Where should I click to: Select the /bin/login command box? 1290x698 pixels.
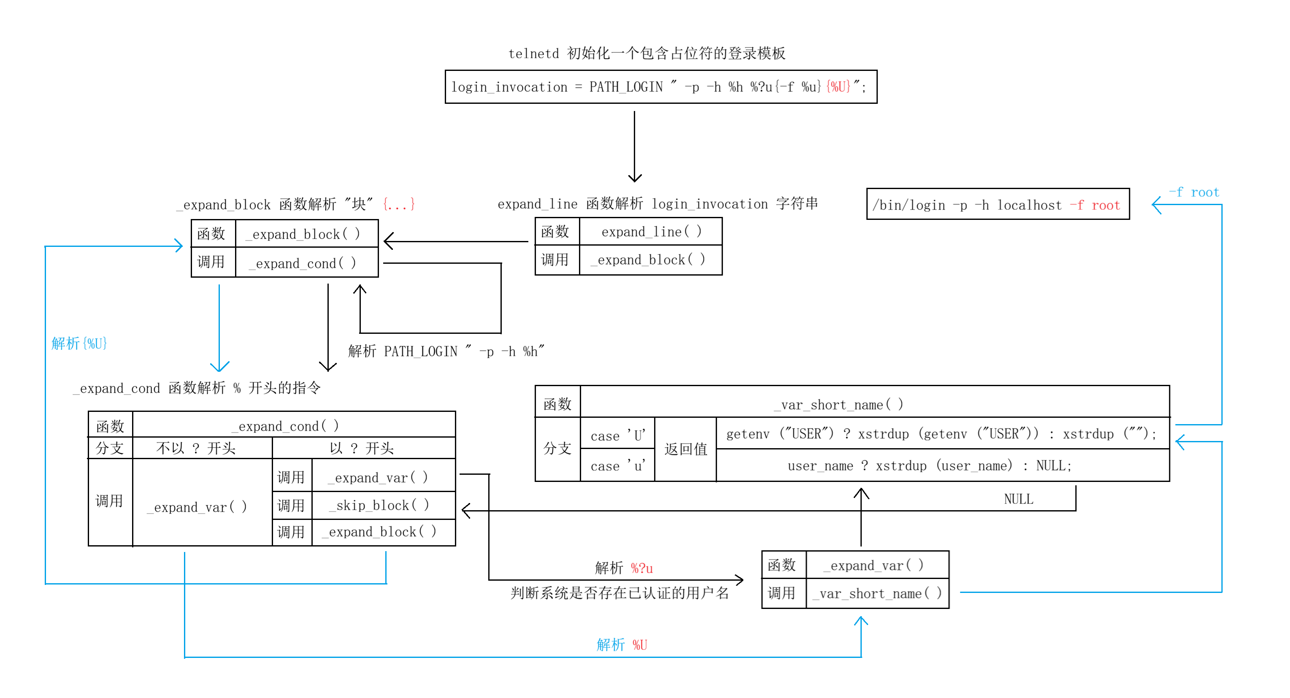click(x=998, y=204)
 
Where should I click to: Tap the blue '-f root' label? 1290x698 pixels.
click(x=1194, y=192)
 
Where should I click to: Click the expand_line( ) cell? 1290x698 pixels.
click(x=651, y=232)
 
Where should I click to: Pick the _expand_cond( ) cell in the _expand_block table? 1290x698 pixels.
click(x=306, y=263)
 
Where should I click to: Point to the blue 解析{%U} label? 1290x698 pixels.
click(x=79, y=344)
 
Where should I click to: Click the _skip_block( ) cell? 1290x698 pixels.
click(x=383, y=505)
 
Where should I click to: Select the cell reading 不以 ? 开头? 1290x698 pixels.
click(x=196, y=448)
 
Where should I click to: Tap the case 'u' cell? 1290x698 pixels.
click(x=617, y=465)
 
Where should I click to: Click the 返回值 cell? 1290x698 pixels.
click(x=686, y=449)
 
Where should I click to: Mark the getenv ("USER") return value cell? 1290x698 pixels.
click(x=941, y=434)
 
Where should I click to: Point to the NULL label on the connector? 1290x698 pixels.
click(x=1018, y=499)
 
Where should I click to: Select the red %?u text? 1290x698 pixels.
click(x=641, y=568)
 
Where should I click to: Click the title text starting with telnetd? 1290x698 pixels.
click(x=646, y=53)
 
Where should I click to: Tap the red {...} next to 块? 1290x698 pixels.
click(x=399, y=204)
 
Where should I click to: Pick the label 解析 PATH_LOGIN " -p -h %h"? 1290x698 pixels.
click(x=446, y=351)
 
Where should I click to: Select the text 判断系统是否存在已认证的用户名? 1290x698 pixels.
click(x=619, y=593)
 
